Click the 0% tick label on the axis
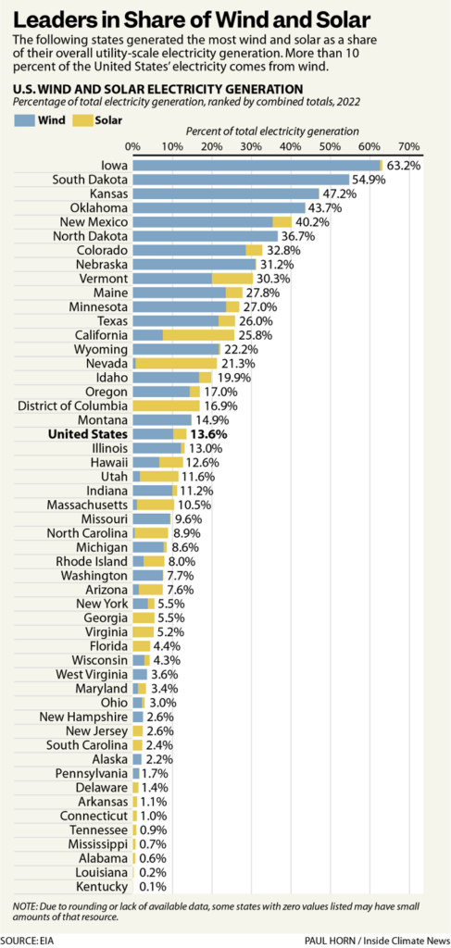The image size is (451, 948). pos(132,147)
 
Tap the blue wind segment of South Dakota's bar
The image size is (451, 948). pos(241,179)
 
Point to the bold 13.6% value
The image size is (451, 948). pos(209,433)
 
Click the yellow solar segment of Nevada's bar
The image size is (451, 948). pos(176,362)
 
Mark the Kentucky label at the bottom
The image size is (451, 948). pos(100,886)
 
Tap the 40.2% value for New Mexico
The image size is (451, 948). pos(313,222)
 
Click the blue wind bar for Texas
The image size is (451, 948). pos(175,319)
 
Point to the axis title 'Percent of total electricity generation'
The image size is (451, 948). pos(272,132)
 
